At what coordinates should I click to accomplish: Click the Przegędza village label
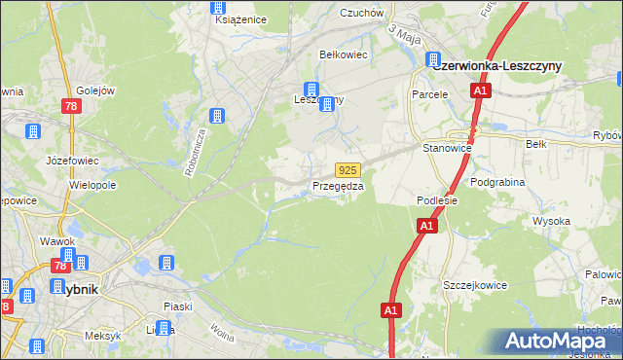(338, 186)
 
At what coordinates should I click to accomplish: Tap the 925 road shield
(351, 169)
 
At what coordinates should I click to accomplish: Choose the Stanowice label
(447, 148)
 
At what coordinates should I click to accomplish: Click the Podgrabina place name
(497, 182)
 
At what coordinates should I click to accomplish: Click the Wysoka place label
(551, 221)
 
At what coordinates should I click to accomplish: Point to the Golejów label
(95, 90)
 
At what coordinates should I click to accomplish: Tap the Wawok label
(57, 240)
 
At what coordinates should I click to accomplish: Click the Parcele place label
(429, 95)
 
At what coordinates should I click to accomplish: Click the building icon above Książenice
(219, 6)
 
